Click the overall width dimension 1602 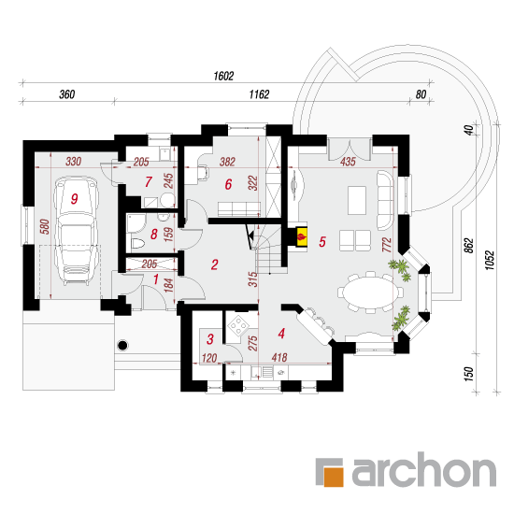pyautogui.click(x=223, y=76)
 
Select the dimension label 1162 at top pyautogui.click(x=259, y=94)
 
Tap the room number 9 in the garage pyautogui.click(x=75, y=199)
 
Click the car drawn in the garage pyautogui.click(x=77, y=231)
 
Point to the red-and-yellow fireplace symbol pyautogui.click(x=302, y=236)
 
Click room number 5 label pyautogui.click(x=322, y=242)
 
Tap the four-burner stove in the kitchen pyautogui.click(x=237, y=326)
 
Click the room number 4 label pyautogui.click(x=281, y=334)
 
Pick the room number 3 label pyautogui.click(x=210, y=339)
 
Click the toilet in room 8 pyautogui.click(x=137, y=244)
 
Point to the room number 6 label pyautogui.click(x=228, y=184)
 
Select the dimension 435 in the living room pyautogui.click(x=348, y=162)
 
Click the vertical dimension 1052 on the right pyautogui.click(x=489, y=261)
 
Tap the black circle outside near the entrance pyautogui.click(x=123, y=345)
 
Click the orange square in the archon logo pyautogui.click(x=334, y=477)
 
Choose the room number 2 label pyautogui.click(x=215, y=264)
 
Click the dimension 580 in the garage pyautogui.click(x=45, y=227)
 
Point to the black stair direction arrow pyautogui.click(x=250, y=235)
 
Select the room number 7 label pyautogui.click(x=149, y=181)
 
